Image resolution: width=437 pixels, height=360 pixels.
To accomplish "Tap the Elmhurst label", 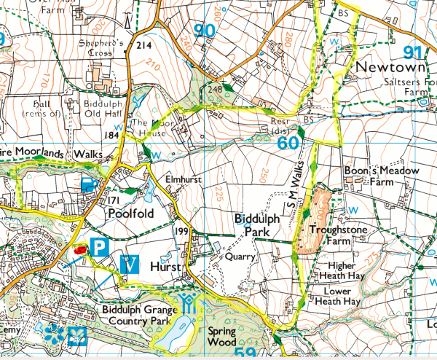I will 184,176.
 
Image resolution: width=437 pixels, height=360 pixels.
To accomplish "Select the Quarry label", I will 240,257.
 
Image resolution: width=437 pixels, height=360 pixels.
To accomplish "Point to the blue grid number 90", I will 206,31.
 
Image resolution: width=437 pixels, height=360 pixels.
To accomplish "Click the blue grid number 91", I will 413,52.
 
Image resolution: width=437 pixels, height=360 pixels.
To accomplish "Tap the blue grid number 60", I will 288,141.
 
